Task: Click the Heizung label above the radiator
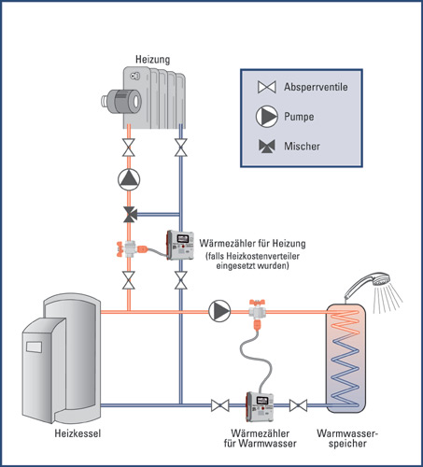coord(152,60)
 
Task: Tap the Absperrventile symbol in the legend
coord(267,87)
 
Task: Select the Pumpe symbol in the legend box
coord(267,117)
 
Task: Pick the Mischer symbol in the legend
coord(267,146)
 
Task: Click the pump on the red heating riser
coord(129,179)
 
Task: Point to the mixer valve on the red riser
coord(130,214)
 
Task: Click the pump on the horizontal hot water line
coord(219,311)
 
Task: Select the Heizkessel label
coord(78,433)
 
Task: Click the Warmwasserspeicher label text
coord(347,438)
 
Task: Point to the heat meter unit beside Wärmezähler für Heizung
coord(180,245)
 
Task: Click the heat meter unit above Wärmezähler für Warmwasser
coord(260,406)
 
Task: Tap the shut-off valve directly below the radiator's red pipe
coord(129,148)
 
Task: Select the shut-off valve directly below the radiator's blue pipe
coord(181,148)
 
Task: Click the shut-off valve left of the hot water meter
coord(220,405)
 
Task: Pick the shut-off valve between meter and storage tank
coord(298,405)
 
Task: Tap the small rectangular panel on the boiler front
coord(34,347)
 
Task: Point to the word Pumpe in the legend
coord(299,117)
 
